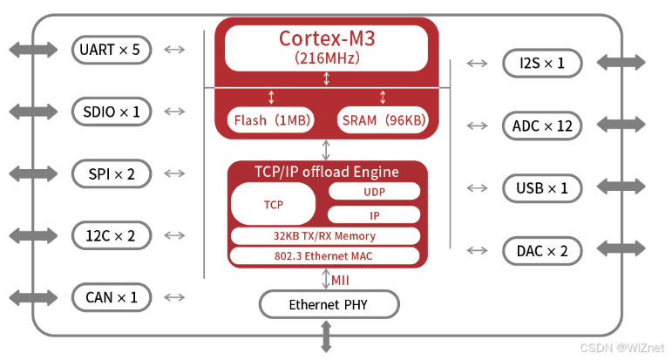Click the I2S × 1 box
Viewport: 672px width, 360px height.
(542, 63)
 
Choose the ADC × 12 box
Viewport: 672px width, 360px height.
(542, 126)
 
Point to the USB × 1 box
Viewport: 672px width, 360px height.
(542, 188)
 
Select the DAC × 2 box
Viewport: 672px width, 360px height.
(542, 251)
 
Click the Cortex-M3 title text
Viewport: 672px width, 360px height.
(327, 38)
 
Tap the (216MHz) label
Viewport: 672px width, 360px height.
(327, 58)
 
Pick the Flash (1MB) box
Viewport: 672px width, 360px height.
(272, 120)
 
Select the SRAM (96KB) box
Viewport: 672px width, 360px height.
(383, 120)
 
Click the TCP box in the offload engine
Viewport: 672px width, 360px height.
(273, 203)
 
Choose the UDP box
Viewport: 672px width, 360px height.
(374, 191)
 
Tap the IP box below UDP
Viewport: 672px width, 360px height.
(374, 214)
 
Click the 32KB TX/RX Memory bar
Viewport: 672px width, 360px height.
(324, 235)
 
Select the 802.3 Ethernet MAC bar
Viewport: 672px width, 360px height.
(324, 255)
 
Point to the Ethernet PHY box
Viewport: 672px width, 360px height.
(329, 304)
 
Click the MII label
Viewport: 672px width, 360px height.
(341, 280)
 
